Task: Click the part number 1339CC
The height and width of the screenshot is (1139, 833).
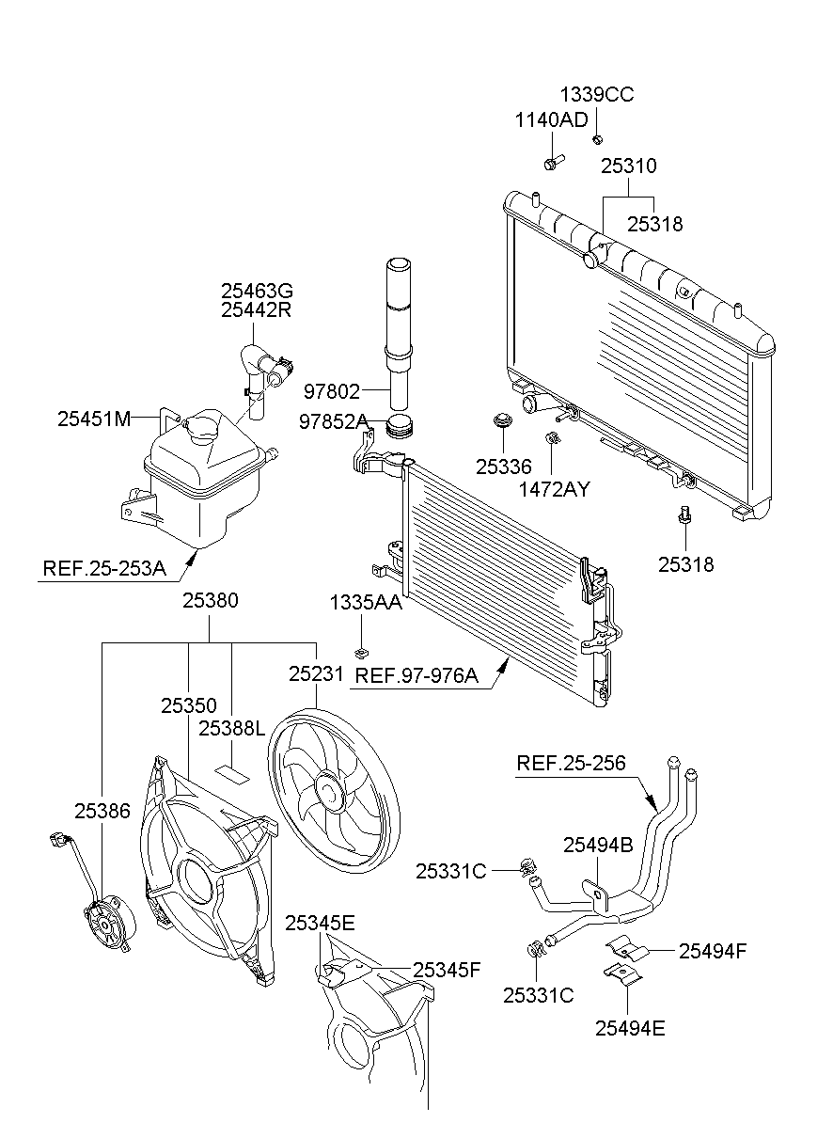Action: [x=597, y=95]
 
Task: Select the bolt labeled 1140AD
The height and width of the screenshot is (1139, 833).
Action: [x=551, y=163]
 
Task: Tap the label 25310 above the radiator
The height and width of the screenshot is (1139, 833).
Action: [x=628, y=166]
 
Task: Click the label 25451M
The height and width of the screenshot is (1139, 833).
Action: [x=94, y=419]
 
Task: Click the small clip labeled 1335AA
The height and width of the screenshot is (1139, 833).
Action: [x=360, y=653]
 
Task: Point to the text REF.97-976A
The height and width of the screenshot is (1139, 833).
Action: [x=416, y=675]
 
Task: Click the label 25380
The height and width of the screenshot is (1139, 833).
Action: [x=210, y=600]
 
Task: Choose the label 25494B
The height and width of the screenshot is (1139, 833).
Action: [x=598, y=846]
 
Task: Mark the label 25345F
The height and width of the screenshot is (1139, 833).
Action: [x=447, y=970]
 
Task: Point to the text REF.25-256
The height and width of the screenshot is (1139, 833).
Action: [x=571, y=763]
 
